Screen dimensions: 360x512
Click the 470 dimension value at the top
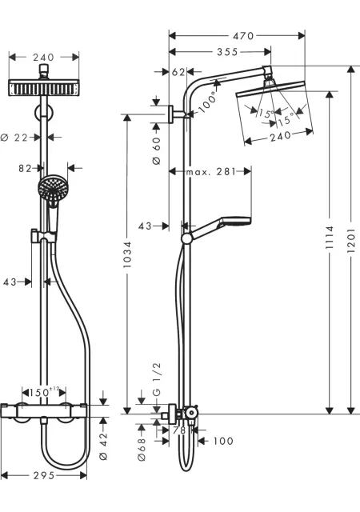(243, 35)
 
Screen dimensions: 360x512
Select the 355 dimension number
(227, 52)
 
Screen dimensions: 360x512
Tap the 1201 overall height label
(350, 240)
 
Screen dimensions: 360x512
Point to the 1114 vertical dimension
(330, 237)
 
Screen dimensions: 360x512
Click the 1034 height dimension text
(126, 254)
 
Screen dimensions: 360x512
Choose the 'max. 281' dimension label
(210, 172)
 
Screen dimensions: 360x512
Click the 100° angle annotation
(208, 102)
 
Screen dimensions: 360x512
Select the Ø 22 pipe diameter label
(14, 138)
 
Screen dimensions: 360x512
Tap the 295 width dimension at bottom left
(44, 475)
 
